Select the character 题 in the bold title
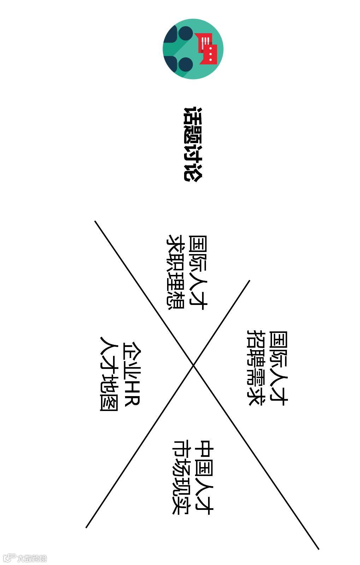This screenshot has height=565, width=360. coord(193,135)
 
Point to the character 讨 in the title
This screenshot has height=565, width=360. coord(193,154)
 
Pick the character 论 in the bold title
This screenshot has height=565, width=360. coord(193,172)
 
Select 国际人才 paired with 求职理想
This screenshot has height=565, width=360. coord(198,272)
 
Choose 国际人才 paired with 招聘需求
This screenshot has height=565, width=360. coord(278,367)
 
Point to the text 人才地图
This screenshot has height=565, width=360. coord(109,373)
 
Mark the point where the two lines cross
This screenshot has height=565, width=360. coord(193,365)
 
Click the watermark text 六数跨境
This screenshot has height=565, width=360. coord(32,558)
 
